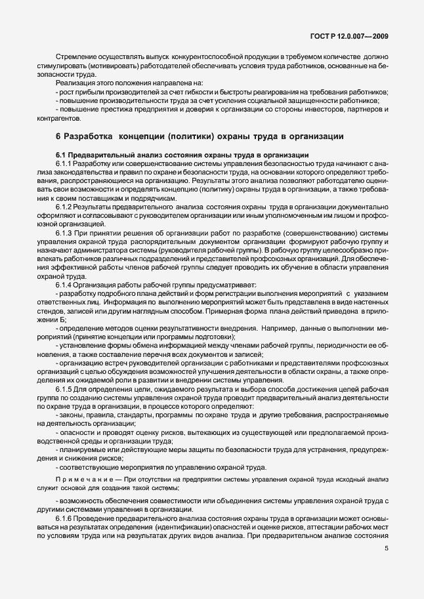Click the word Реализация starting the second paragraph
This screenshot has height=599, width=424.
pos(75,83)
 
